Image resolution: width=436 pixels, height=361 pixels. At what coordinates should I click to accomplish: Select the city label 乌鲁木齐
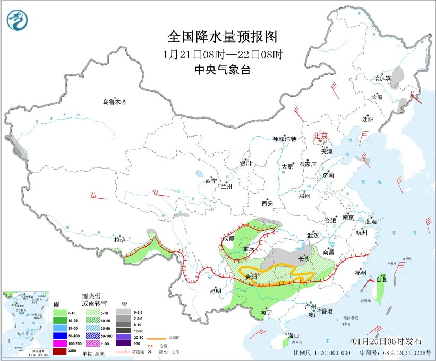click(x=115, y=102)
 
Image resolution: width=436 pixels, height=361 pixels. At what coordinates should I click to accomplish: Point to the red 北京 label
click(x=321, y=136)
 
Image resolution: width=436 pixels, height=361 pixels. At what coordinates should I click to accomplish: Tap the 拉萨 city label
click(x=119, y=240)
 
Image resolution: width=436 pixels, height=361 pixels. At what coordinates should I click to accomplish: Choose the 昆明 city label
click(x=215, y=291)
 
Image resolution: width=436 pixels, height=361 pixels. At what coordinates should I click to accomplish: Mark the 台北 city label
click(x=382, y=279)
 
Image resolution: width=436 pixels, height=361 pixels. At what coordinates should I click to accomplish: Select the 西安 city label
click(x=267, y=203)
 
